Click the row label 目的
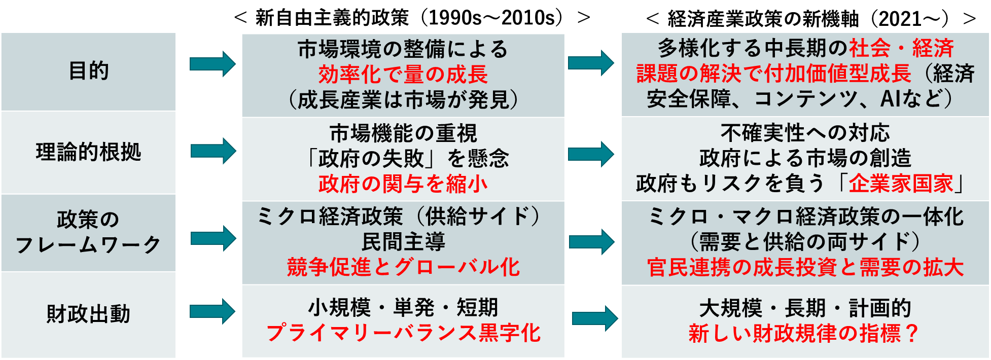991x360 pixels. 89,70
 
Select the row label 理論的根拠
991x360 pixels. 89,152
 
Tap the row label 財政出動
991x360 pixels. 89,314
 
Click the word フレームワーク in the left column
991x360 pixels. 89,245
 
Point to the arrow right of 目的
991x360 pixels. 213,64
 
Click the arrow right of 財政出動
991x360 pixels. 213,311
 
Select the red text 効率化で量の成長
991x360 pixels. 403,75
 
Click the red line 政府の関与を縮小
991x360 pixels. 403,184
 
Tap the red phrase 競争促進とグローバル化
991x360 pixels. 403,267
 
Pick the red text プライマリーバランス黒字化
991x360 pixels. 403,333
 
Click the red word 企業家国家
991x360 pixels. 901,184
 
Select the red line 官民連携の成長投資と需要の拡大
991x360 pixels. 805,267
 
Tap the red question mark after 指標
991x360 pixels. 912,333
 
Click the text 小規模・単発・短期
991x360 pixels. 403,307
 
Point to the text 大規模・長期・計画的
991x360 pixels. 805,308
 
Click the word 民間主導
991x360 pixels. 403,242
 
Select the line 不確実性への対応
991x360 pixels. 805,133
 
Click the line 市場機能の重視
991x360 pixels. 403,134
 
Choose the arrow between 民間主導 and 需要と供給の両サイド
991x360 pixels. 591,241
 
